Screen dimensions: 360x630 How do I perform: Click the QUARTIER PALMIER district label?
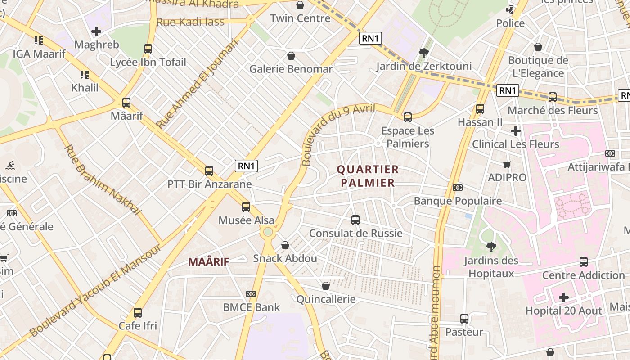[368, 176]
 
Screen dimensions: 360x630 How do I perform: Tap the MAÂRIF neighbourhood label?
[208, 261]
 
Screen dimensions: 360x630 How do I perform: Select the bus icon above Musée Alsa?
[246, 207]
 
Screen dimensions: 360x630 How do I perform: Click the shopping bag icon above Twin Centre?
[300, 5]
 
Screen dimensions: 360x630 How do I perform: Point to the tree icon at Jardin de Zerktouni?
[423, 53]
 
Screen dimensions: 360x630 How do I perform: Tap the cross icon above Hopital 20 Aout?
[563, 297]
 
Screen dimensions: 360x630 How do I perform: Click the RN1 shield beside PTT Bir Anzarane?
[246, 166]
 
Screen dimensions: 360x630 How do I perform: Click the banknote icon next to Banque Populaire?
[458, 188]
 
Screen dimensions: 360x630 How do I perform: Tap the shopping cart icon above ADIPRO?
[507, 165]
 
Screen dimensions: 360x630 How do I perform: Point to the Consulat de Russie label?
[355, 233]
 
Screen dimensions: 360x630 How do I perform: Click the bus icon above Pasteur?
[464, 319]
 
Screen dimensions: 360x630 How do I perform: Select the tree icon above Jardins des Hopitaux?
[491, 247]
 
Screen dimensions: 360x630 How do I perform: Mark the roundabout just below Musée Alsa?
[268, 232]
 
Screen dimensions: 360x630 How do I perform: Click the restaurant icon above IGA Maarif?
[39, 40]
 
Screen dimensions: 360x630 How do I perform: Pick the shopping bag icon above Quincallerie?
[326, 286]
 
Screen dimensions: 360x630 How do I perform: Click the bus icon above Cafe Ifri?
[138, 312]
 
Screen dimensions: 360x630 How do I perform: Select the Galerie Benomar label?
[291, 69]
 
